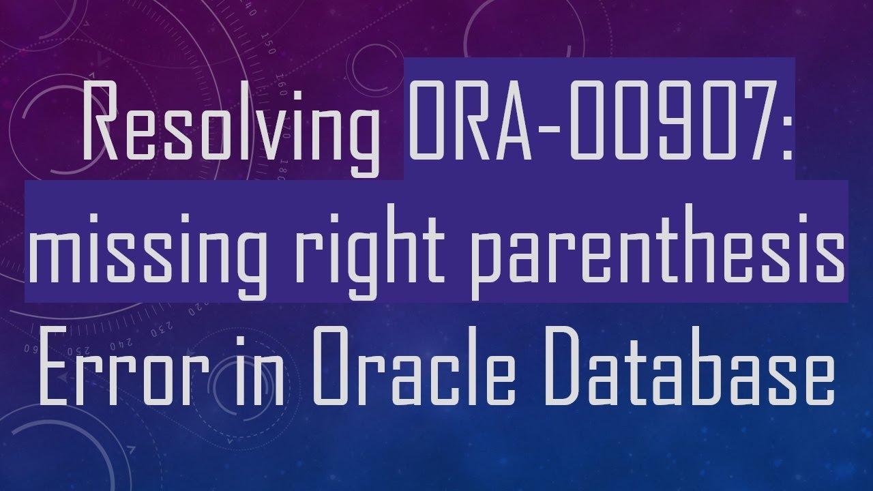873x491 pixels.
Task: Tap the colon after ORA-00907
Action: (x=785, y=126)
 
